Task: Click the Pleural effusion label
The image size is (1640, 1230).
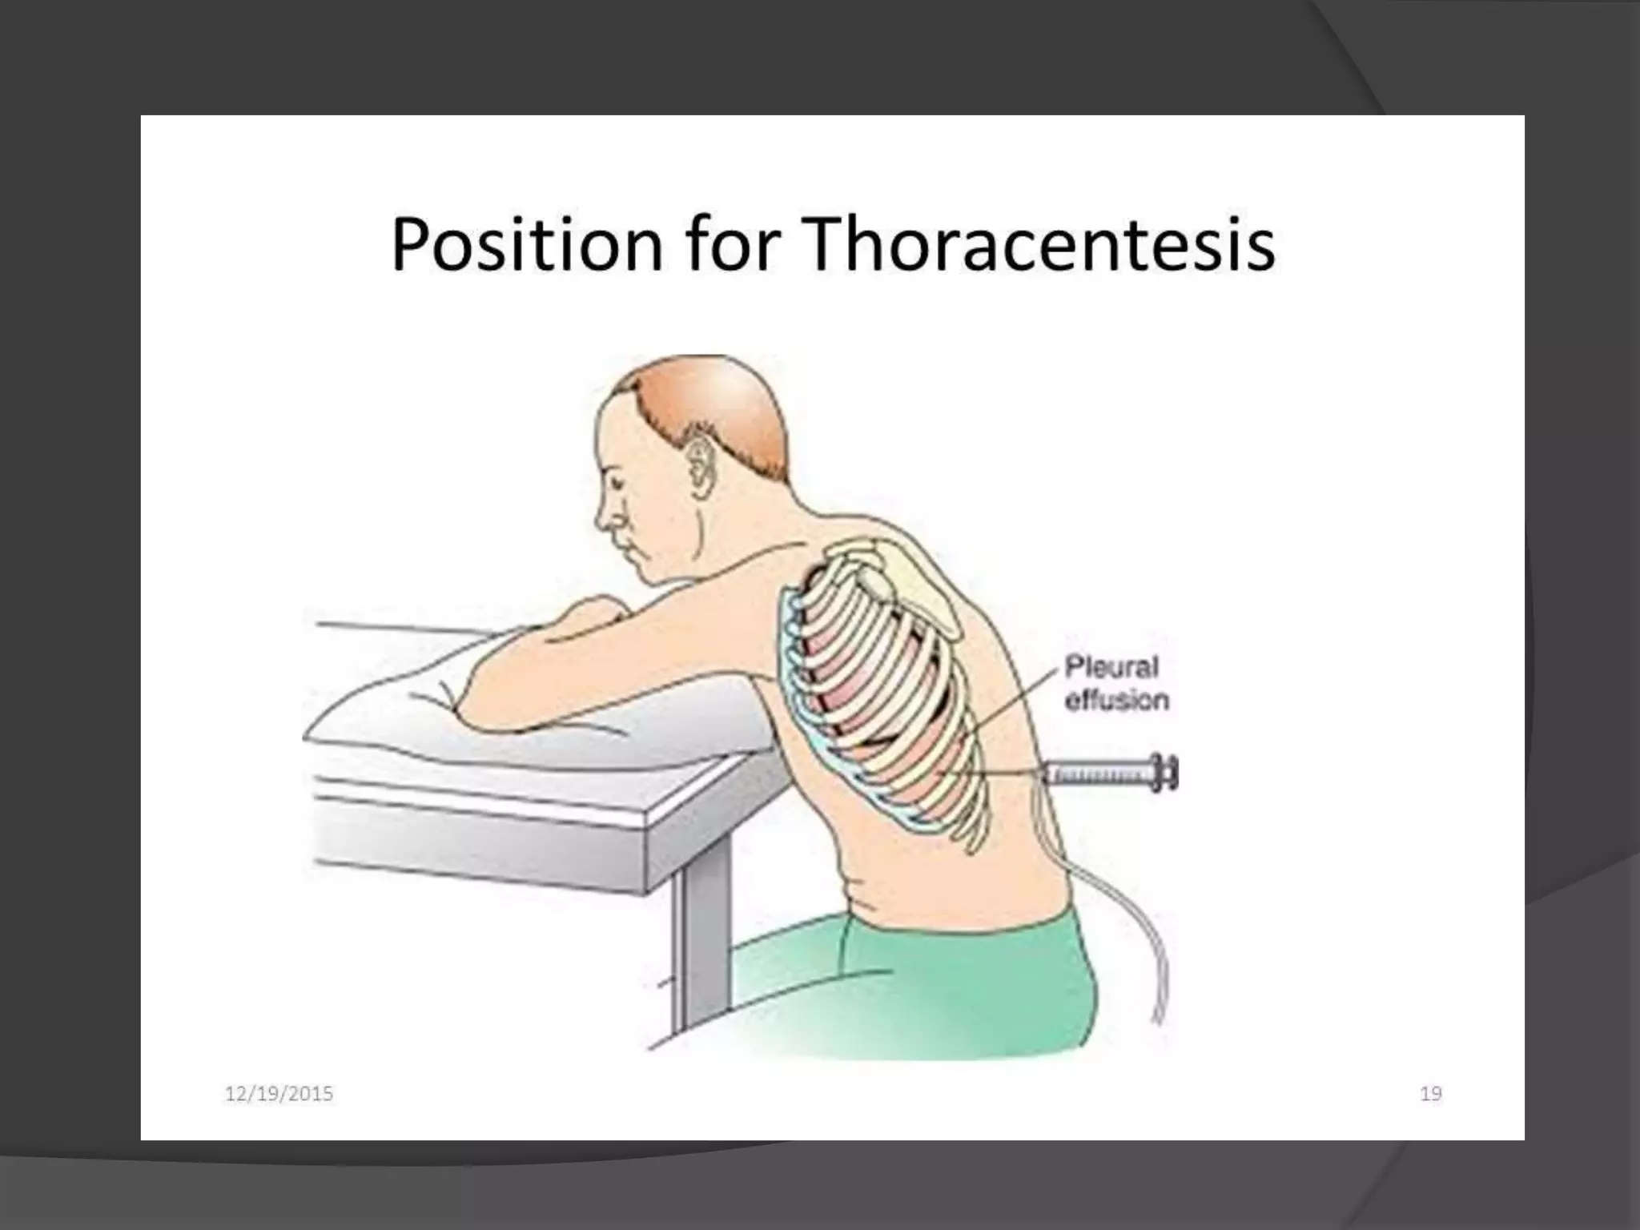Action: click(x=1115, y=684)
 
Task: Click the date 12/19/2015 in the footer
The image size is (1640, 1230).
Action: click(x=279, y=1093)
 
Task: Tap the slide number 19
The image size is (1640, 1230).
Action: click(x=1430, y=1093)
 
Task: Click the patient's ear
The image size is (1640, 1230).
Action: click(x=702, y=471)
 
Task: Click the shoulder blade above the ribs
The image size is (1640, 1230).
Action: click(x=905, y=593)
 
